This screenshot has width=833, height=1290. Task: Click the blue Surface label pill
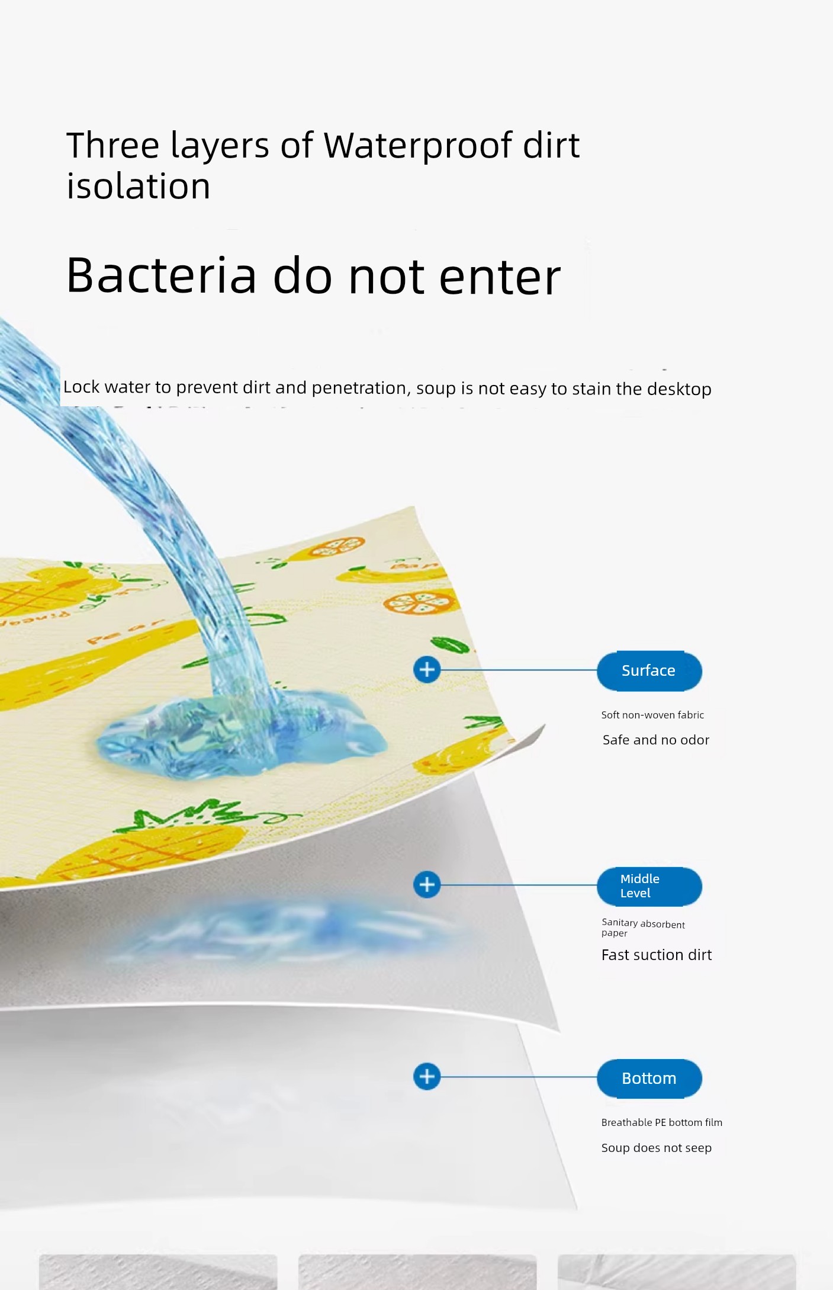649,670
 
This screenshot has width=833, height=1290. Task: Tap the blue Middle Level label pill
649,886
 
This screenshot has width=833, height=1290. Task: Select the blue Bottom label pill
649,1079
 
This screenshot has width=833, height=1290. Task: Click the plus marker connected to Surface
427,670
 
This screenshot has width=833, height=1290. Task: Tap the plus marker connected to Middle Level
427,885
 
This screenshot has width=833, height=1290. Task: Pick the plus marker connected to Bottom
427,1076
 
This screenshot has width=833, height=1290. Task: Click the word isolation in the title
139,186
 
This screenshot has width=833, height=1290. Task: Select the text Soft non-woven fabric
652,715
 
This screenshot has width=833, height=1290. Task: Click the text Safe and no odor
656,740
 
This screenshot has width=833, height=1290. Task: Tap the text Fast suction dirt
657,955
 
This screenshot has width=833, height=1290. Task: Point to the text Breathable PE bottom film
662,1122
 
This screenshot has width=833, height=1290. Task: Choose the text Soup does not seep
657,1148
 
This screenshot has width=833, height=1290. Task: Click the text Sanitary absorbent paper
643,928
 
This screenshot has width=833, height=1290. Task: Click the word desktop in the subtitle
679,389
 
